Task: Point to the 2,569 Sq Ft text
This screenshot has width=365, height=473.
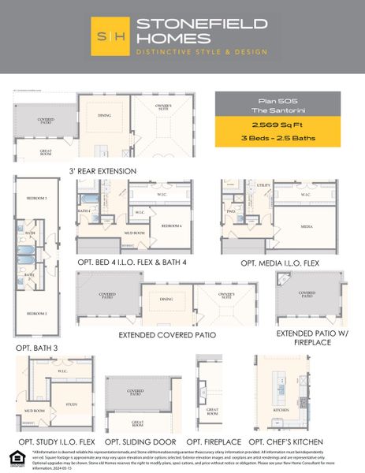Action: [x=277, y=125]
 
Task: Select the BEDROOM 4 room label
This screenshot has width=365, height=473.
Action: [x=172, y=226]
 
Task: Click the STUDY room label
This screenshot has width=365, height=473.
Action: [x=70, y=404]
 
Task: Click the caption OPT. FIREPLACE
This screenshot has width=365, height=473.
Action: [x=214, y=441]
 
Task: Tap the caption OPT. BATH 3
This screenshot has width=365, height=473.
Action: [x=39, y=348]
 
